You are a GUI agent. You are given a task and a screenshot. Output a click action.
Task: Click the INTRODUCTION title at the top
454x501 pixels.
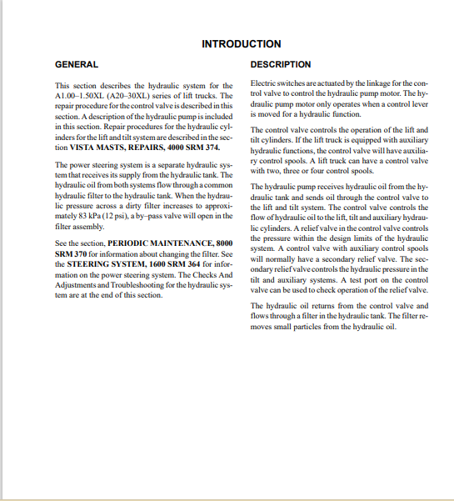pos(241,43)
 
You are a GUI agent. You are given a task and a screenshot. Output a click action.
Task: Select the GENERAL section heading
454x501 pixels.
pos(76,64)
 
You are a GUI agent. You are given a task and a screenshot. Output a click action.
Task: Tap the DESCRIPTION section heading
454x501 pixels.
pos(281,64)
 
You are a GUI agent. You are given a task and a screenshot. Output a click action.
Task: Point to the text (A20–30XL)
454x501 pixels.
pos(139,96)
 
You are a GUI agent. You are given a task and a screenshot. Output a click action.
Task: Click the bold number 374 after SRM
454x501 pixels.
pos(213,147)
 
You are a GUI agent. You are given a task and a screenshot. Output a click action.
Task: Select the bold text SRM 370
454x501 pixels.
pos(73,253)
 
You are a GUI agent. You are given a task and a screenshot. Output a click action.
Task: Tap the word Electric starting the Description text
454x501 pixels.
pos(264,84)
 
